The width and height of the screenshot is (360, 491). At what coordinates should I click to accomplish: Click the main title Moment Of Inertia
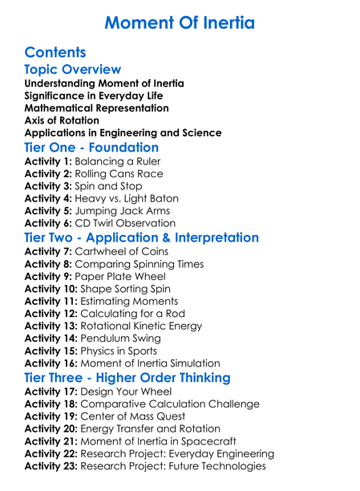point(180,22)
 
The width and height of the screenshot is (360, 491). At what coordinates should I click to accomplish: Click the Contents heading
point(55,53)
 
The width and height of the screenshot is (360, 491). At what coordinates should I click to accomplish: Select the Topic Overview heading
point(73,70)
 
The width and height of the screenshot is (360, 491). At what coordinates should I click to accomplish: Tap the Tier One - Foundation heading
point(91,148)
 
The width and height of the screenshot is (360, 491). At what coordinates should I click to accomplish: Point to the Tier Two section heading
point(141,237)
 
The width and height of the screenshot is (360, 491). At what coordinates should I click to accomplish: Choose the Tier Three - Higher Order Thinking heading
point(127,378)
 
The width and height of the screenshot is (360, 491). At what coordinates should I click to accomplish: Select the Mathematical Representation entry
point(96,108)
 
